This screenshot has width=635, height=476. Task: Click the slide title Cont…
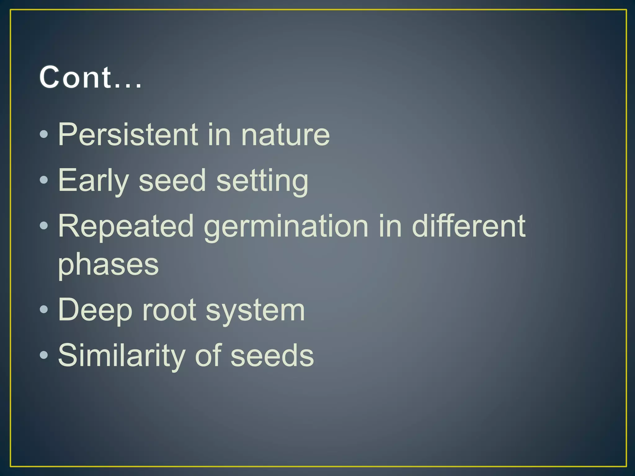pos(90,77)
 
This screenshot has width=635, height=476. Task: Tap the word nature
pos(285,134)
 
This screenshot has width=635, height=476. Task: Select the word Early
pos(93,180)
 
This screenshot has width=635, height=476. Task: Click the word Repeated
pos(126,226)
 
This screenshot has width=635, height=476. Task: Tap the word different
pos(468,226)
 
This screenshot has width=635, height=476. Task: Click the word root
pos(169,310)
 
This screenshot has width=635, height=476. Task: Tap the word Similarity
pos(122,355)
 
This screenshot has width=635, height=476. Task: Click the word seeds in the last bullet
pos(272,355)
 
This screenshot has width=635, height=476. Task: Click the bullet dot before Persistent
pos(44,134)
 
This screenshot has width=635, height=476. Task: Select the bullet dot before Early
pos(44,180)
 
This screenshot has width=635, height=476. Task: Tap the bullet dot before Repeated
pos(44,226)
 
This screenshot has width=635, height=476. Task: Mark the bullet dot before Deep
pos(44,309)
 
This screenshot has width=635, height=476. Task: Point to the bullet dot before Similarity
pos(44,355)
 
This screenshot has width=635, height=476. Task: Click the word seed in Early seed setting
pos(172,180)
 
